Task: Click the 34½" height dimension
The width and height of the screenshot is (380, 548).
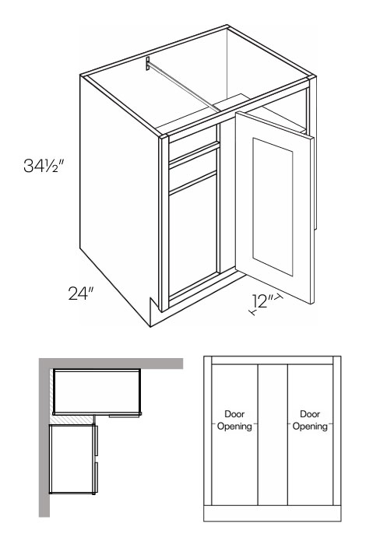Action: coord(44,165)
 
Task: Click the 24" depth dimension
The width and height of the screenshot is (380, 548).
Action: coord(81,293)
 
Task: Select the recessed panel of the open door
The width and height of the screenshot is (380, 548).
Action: coord(273,206)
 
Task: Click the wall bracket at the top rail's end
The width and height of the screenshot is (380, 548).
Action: coord(148,64)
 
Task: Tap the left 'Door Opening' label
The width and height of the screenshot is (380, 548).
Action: coord(234,420)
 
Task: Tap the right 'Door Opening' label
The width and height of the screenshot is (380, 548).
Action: coord(310,420)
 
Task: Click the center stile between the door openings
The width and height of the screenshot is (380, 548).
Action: coord(273,435)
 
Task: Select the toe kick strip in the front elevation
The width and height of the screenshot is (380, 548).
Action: coord(273,514)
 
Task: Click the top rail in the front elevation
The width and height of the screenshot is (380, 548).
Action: coord(273,360)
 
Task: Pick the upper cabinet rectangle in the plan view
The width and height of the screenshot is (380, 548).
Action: coord(97,392)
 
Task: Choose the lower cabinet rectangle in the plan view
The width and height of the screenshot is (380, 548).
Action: coord(72,459)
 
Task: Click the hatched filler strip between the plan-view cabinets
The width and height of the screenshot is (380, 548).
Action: coord(72,420)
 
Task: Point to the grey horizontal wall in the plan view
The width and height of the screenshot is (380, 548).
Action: coord(111,364)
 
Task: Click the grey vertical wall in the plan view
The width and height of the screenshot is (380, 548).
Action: coord(44,437)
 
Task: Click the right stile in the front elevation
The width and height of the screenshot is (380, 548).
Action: coord(337,430)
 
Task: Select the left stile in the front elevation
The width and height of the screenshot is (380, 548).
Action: coord(208,430)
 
